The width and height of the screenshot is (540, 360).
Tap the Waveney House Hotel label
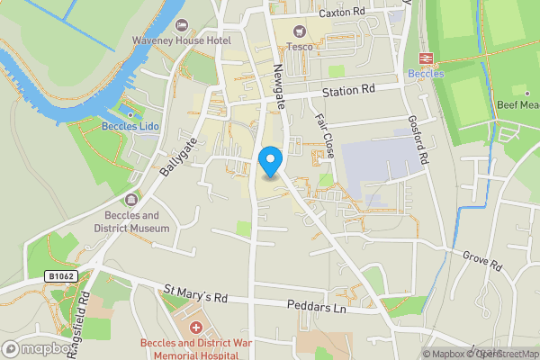(x=182, y=40)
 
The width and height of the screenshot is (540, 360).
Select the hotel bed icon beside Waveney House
(x=183, y=24)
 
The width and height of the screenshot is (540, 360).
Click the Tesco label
(x=299, y=47)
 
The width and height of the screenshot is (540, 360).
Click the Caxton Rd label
(x=345, y=13)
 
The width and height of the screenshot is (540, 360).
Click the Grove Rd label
(x=482, y=261)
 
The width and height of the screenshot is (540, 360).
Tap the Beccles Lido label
(x=130, y=127)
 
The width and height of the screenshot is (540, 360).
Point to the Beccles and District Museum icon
(x=132, y=199)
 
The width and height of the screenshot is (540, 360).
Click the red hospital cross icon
(x=194, y=326)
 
